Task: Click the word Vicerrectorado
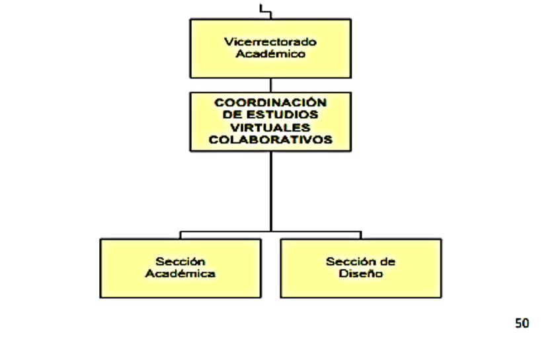click(270, 42)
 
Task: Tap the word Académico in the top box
click(270, 54)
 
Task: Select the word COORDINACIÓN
click(270, 102)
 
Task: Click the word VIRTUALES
click(270, 127)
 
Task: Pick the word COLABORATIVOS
click(270, 139)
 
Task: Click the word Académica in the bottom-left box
click(180, 273)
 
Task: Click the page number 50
click(522, 323)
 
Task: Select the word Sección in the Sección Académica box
click(180, 262)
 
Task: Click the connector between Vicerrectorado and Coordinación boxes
click(270, 85)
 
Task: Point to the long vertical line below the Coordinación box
click(270, 192)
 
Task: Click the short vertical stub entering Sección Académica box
click(180, 235)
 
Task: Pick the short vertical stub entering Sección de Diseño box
click(361, 235)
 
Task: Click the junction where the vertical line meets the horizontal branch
click(270, 231)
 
